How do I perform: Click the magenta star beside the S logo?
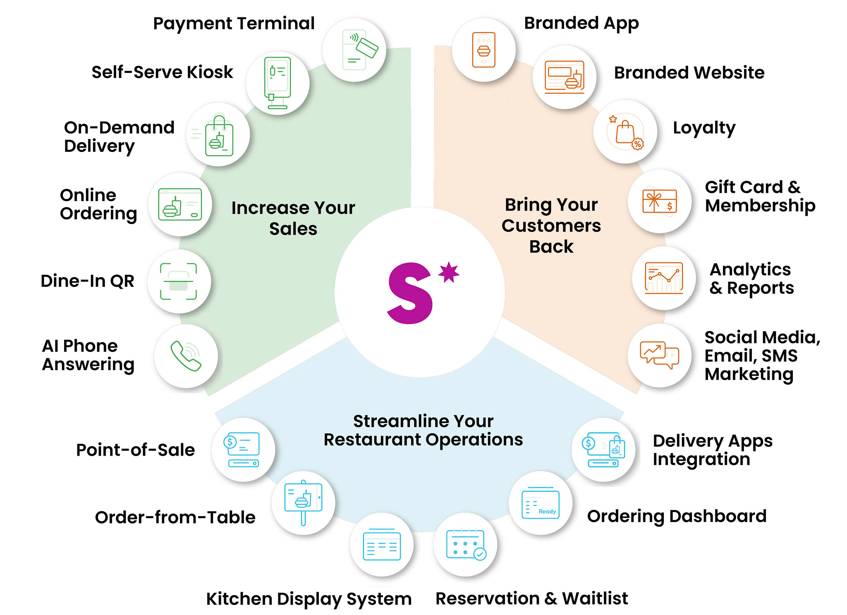pos(449,272)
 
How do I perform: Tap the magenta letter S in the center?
pos(410,293)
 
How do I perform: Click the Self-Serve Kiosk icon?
pos(278,83)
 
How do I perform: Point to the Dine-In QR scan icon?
pos(178,281)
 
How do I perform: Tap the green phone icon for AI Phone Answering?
pos(186,356)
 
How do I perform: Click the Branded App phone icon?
pos(484,50)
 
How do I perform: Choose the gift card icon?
pos(660,201)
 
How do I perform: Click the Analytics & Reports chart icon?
pos(664,278)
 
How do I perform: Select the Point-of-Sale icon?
pos(242,450)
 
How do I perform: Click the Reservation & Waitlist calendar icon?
pos(466,545)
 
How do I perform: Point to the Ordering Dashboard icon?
pos(541,503)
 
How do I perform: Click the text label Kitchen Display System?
pos(309,599)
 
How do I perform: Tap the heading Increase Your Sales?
pos(293,218)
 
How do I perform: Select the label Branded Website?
pos(689,73)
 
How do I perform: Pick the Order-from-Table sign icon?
pos(303,502)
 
